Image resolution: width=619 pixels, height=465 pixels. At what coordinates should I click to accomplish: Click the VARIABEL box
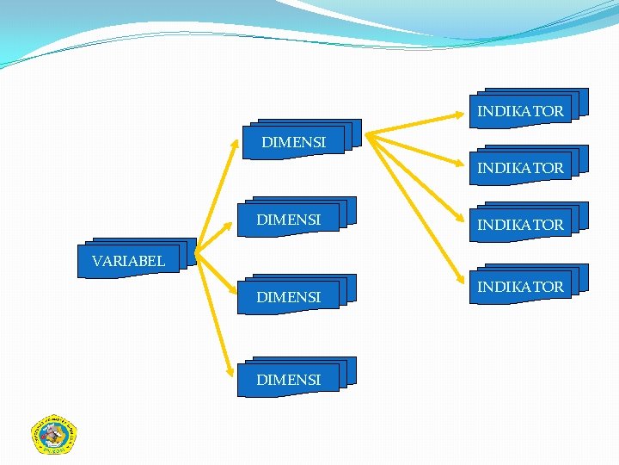pyautogui.click(x=129, y=260)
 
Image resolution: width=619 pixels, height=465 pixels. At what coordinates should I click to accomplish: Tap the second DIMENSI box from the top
pyautogui.click(x=289, y=220)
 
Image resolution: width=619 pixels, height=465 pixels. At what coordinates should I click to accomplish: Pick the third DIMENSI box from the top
pyautogui.click(x=289, y=296)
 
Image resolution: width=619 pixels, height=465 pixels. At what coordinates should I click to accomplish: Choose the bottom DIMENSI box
pyautogui.click(x=289, y=379)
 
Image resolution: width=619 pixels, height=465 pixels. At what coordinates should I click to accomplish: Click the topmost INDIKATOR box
pyautogui.click(x=521, y=111)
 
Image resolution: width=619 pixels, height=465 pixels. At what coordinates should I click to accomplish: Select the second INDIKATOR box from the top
pyautogui.click(x=521, y=168)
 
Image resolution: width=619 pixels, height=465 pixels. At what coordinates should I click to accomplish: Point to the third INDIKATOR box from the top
pyautogui.click(x=521, y=225)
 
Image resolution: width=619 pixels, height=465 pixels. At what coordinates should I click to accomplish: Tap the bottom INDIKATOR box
pyautogui.click(x=521, y=286)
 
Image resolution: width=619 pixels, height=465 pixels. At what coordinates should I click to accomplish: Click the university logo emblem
pyautogui.click(x=53, y=434)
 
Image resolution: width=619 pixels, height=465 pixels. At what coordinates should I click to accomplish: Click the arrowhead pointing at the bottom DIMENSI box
pyautogui.click(x=230, y=369)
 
